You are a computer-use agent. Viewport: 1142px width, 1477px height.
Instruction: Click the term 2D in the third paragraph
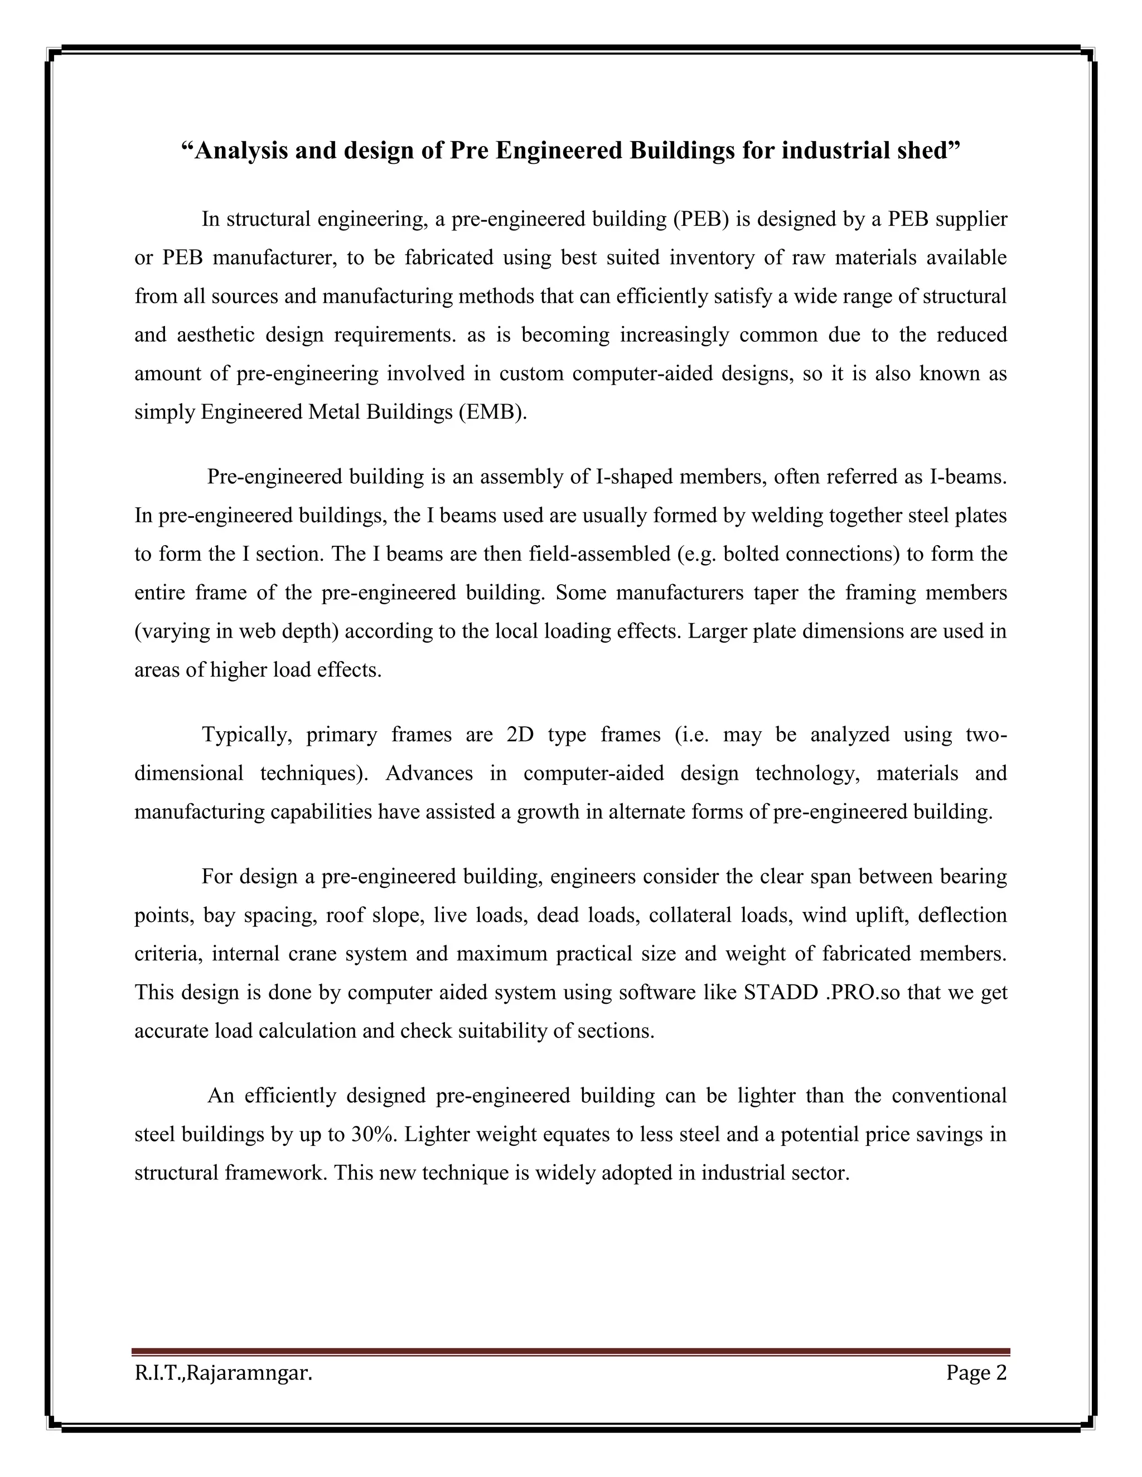(520, 735)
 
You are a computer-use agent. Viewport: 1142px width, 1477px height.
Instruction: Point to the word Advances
(429, 774)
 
